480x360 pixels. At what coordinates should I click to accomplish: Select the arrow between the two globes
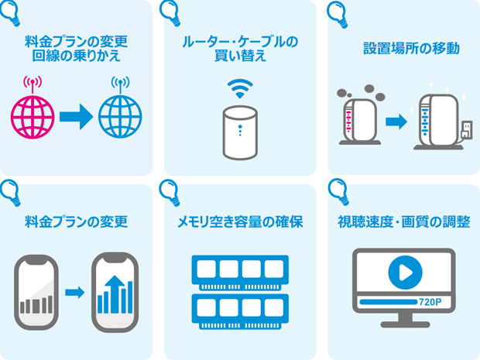[x=76, y=116]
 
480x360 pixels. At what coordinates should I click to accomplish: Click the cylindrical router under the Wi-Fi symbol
[x=240, y=132]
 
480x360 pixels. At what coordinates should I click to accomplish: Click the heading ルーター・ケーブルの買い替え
[x=240, y=48]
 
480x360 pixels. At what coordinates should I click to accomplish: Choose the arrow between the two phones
[x=75, y=293]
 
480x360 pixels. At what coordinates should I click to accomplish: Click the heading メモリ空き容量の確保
[x=240, y=223]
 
